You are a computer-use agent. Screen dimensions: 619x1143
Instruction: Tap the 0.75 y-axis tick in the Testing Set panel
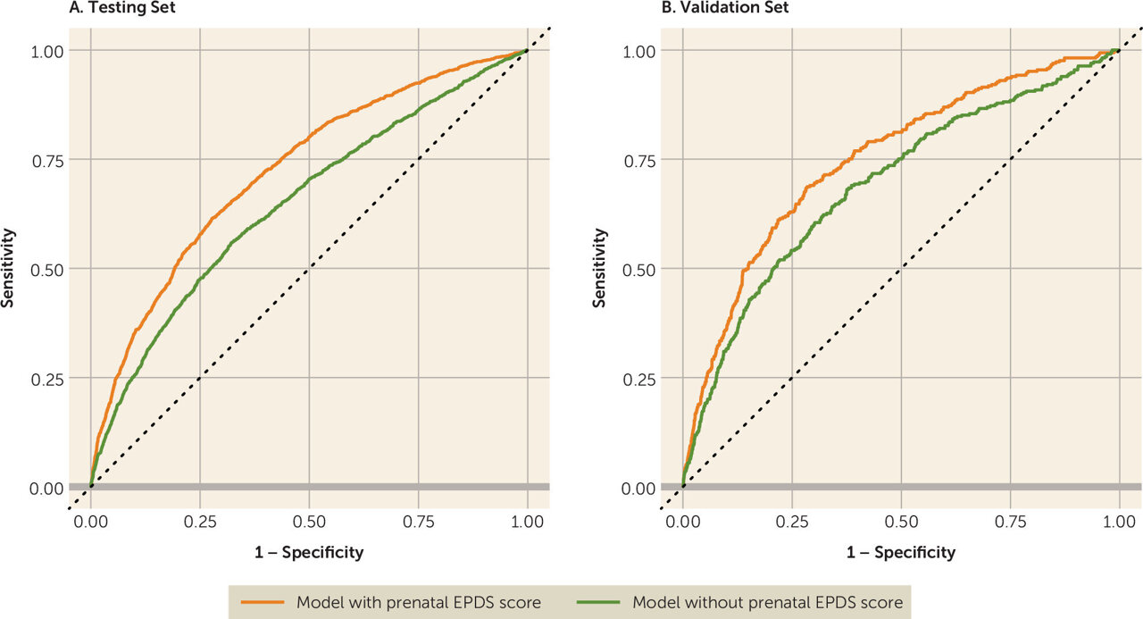point(46,160)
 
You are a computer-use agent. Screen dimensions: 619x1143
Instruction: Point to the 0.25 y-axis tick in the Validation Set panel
point(638,379)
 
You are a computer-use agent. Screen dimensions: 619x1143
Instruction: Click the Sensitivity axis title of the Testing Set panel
point(8,268)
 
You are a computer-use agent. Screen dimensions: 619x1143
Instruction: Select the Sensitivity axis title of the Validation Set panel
point(600,268)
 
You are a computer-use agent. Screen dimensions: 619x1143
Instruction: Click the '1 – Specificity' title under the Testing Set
point(309,552)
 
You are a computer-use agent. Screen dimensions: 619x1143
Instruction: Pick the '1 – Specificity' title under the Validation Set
point(901,552)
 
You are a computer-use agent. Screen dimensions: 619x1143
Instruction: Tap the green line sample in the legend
point(599,602)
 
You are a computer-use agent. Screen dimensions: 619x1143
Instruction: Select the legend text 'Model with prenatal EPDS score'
point(418,602)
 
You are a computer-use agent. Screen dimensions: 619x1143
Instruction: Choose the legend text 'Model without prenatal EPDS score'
point(767,602)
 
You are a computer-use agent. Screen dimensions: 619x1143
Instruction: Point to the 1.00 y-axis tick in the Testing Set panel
point(46,51)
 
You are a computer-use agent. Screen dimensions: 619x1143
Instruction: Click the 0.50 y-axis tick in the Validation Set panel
point(638,269)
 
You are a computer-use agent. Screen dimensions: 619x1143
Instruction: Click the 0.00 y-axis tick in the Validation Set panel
point(638,488)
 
